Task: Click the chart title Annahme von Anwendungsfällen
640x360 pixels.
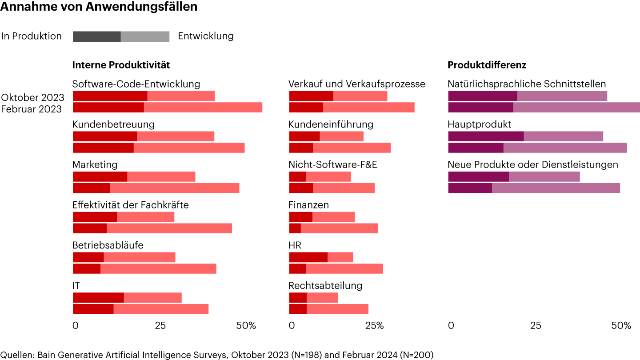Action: click(99, 7)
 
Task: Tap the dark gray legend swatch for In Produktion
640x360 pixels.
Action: click(96, 36)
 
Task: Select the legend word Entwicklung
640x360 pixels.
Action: click(206, 36)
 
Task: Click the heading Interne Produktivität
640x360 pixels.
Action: click(121, 65)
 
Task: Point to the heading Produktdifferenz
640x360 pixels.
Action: click(487, 65)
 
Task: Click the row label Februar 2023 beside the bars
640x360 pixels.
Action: click(31, 109)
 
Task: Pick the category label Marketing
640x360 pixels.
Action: click(95, 165)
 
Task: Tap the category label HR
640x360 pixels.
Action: click(295, 245)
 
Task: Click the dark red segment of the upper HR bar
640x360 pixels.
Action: click(308, 257)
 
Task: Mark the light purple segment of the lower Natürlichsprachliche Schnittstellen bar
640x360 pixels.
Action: click(576, 108)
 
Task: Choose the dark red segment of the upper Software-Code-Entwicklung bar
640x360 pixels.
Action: click(110, 96)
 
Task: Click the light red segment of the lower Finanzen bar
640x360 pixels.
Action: click(339, 228)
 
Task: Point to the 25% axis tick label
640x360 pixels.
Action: click(374, 325)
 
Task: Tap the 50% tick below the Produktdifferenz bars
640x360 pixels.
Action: click(621, 325)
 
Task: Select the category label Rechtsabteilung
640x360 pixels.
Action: click(325, 285)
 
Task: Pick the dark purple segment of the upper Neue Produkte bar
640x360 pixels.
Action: click(478, 176)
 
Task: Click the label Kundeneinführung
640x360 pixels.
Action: click(331, 124)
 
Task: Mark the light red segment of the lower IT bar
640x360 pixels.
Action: click(161, 309)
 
